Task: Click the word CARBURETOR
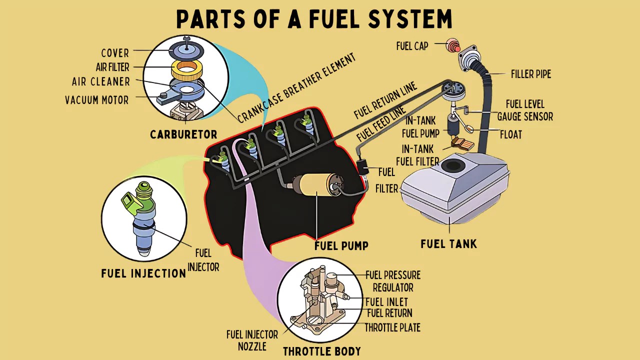coord(183,134)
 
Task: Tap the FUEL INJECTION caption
coord(143,273)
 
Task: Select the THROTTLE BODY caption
coord(321,351)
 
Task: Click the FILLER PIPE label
coord(530,74)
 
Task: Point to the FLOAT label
coord(510,135)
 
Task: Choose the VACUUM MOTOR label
coord(96,100)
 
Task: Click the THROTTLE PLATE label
coord(392,328)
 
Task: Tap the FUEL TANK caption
coord(448,244)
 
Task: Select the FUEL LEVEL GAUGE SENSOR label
coord(524,110)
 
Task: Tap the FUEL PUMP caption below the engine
coord(341,245)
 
